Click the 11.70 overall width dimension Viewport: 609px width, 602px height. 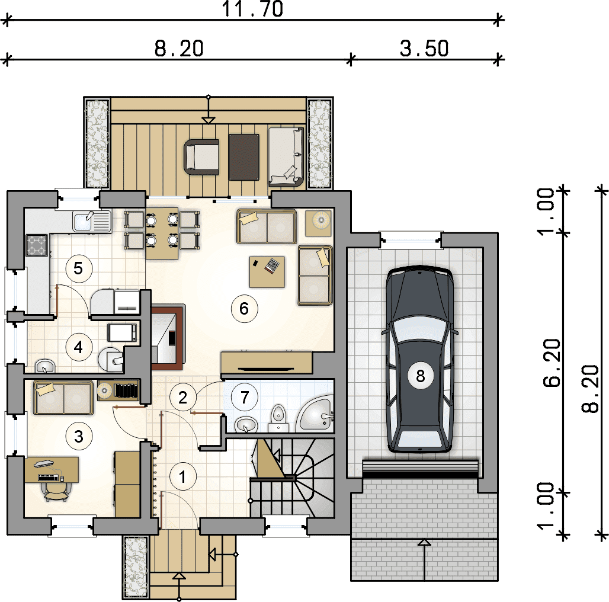[x=252, y=9]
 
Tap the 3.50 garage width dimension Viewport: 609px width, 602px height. [x=424, y=49]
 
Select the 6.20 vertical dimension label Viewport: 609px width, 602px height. [x=552, y=363]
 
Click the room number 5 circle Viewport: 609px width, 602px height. [x=78, y=268]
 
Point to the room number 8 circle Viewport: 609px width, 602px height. [x=420, y=376]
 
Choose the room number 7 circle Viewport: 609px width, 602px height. [x=244, y=397]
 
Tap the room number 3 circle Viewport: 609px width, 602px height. [x=78, y=436]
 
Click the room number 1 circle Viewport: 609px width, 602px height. [x=182, y=476]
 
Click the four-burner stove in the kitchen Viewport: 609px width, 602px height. [x=37, y=245]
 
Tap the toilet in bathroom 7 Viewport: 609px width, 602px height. [x=278, y=418]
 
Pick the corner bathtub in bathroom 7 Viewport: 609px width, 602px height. [x=315, y=414]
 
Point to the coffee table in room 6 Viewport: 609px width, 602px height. [x=267, y=272]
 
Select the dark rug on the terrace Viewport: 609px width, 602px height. [x=244, y=157]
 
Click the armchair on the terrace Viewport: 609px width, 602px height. [x=201, y=156]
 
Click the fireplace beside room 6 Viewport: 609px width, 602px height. [x=168, y=337]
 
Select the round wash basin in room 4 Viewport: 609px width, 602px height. [x=45, y=366]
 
